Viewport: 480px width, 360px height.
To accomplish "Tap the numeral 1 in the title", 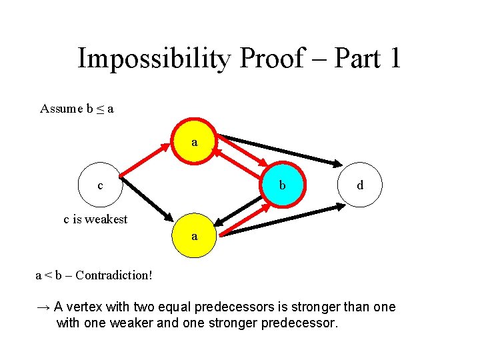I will point(393,59).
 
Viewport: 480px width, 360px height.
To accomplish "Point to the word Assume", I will point(61,109).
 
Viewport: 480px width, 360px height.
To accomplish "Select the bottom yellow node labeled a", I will point(194,236).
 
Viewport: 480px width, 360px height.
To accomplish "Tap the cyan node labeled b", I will point(282,185).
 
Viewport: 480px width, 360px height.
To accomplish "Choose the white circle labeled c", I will point(100,185).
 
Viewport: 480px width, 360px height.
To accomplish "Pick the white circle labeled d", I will point(360,185).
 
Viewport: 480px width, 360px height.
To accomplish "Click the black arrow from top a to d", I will point(280,150).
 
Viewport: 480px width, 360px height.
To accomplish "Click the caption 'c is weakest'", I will point(95,219).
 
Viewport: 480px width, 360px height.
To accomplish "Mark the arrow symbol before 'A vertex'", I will point(43,307).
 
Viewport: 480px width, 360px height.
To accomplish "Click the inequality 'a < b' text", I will point(52,275).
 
